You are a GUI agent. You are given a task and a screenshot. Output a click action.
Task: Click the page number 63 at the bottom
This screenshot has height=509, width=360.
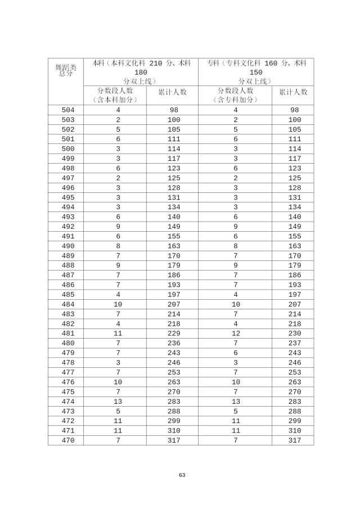[x=182, y=475]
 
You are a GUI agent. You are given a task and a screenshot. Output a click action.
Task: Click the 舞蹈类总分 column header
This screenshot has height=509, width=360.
[x=66, y=70]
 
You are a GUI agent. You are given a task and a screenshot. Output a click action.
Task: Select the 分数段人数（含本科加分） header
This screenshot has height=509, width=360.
[x=115, y=95]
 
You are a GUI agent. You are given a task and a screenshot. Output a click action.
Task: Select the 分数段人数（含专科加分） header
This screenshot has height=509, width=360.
[x=235, y=95]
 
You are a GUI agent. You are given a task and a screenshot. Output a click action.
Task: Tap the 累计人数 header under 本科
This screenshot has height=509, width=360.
[x=172, y=92]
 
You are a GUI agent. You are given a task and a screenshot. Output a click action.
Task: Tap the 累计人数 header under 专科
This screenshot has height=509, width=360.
[x=294, y=92]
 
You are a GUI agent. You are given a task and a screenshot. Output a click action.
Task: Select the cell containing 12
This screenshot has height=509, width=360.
[x=235, y=334]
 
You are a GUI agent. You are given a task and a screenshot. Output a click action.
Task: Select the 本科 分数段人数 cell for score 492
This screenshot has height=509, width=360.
[x=118, y=227]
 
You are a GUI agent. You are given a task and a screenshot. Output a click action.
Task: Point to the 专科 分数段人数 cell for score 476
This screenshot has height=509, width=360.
[x=235, y=382]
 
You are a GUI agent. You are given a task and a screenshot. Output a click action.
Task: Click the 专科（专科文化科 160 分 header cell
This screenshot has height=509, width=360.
[x=256, y=72]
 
